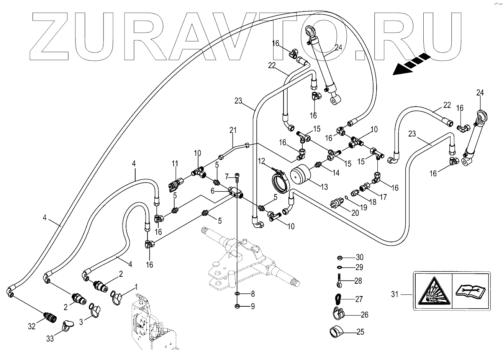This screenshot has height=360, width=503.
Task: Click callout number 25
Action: point(360,332)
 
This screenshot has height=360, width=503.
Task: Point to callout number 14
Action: point(336,173)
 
